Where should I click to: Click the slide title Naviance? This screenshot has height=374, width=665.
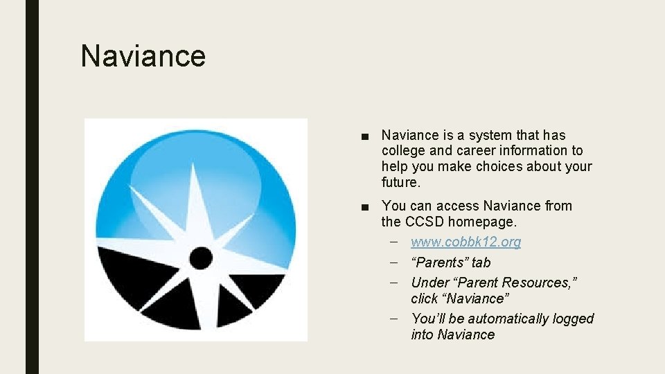click(143, 55)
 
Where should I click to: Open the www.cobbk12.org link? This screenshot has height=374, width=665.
click(465, 242)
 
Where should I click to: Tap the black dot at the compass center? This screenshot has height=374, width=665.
click(201, 258)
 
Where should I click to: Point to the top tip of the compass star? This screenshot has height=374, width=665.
click(193, 163)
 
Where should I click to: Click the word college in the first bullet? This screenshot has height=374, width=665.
click(403, 150)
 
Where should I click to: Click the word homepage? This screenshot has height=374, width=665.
click(481, 222)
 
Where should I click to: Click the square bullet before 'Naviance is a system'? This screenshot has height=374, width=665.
click(365, 136)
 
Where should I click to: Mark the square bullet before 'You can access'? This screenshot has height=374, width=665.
click(365, 207)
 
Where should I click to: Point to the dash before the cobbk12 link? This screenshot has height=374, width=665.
click(394, 242)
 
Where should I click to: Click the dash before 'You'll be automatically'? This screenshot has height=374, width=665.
click(394, 319)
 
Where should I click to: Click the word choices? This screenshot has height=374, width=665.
click(499, 166)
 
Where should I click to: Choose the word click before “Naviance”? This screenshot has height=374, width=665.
click(424, 299)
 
